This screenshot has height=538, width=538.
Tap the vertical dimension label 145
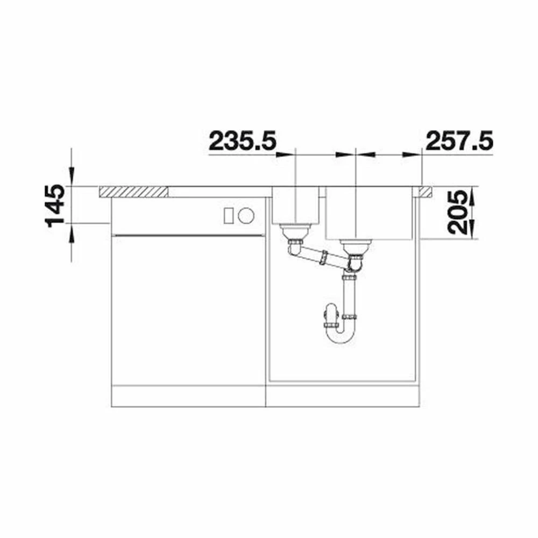55,206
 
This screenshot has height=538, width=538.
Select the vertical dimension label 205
458,213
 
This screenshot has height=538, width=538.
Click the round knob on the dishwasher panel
246,216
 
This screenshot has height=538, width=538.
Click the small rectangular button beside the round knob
229,216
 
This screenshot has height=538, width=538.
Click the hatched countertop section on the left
133,192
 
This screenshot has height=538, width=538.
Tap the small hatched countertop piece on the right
425,192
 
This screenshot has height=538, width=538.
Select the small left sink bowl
296,205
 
